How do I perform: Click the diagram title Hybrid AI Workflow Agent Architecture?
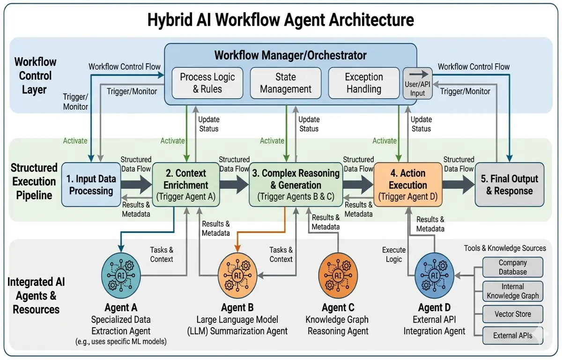coord(281,20)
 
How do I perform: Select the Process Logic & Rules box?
coord(207,83)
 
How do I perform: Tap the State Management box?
coord(286,83)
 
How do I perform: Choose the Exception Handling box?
coord(364,83)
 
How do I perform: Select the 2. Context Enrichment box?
coord(186,184)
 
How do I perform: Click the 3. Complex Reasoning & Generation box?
coord(296,184)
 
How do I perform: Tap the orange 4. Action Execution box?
coord(408,184)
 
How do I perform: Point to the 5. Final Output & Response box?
coord(510,184)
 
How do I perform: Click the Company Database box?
coord(512,267)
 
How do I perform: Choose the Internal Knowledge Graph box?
coord(512,291)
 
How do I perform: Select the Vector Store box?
coord(512,314)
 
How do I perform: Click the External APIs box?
coord(512,336)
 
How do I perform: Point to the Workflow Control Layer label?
coord(35,75)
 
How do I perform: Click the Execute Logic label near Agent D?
coord(394,255)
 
